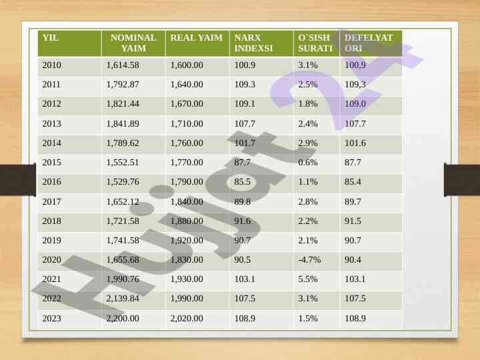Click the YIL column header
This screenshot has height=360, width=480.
point(51,38)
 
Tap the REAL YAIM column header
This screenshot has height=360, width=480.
point(196,38)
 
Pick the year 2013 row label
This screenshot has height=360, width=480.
point(51,124)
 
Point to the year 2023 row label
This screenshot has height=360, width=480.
point(51,319)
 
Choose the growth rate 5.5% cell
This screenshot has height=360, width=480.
point(308,279)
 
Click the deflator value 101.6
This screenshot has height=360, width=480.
point(355,143)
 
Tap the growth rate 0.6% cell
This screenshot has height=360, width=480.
point(308,163)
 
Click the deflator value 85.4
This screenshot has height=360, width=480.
point(353,182)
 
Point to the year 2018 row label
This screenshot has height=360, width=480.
point(51,221)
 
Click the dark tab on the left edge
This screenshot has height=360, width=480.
point(17,180)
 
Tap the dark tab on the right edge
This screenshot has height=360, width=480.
point(462,180)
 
